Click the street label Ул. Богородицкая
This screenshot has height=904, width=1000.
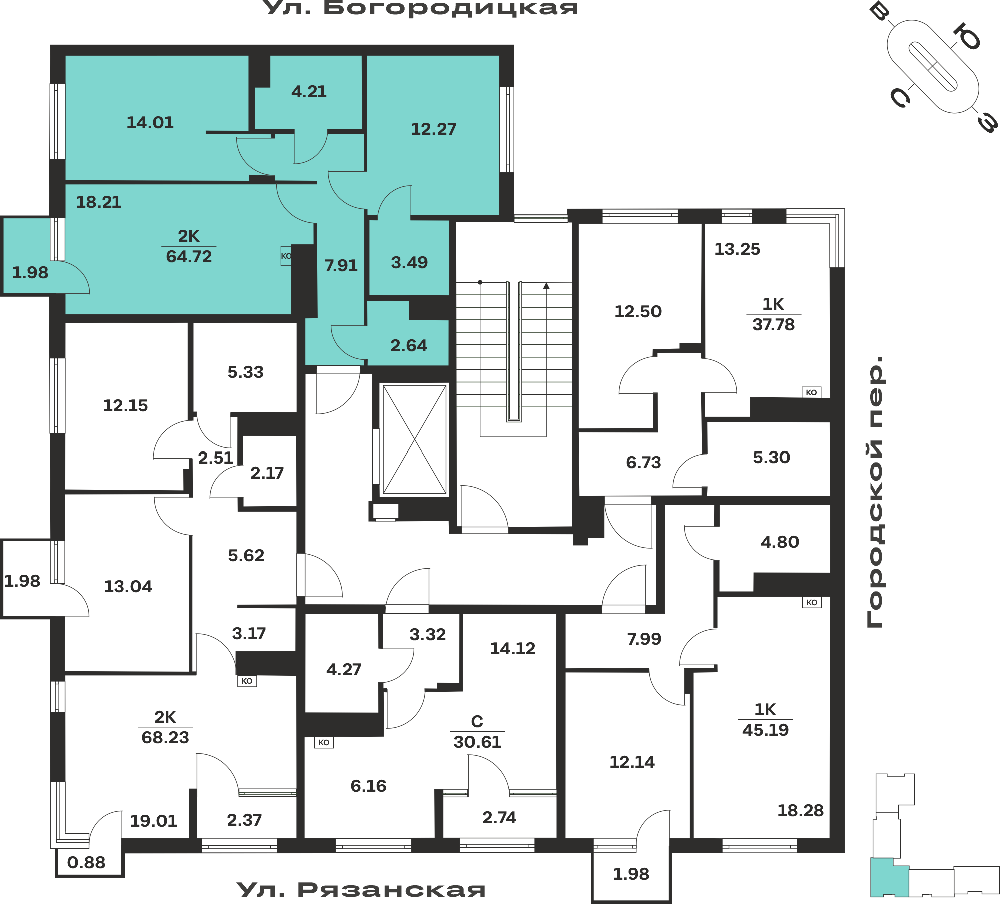[x=420, y=8]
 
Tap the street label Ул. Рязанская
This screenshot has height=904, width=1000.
[x=361, y=889]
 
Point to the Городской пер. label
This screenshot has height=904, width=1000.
[x=875, y=492]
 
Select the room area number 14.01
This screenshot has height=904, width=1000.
[x=150, y=122]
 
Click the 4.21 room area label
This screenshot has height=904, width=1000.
[x=309, y=91]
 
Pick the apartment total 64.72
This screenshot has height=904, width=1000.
[x=189, y=256]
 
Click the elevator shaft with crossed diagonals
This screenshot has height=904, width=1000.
[x=414, y=439]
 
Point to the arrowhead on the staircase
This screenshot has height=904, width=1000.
[x=546, y=286]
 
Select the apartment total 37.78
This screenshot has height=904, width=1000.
[x=773, y=324]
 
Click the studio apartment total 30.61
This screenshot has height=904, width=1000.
[x=477, y=742]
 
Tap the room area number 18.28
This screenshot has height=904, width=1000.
[x=800, y=810]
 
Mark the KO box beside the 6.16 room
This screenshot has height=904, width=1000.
[x=324, y=742]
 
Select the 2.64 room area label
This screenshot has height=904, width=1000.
[x=409, y=345]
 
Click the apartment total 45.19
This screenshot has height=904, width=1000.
[x=765, y=730]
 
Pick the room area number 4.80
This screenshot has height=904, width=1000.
[x=780, y=542]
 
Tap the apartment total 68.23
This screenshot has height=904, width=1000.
[x=165, y=737]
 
